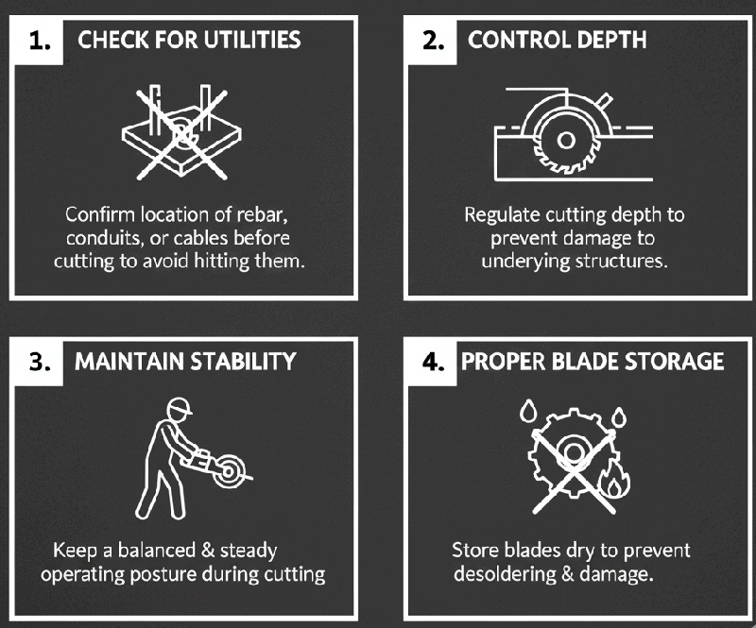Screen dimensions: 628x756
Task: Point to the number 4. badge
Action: (x=432, y=361)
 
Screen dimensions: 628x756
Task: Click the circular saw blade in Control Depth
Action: (x=565, y=139)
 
